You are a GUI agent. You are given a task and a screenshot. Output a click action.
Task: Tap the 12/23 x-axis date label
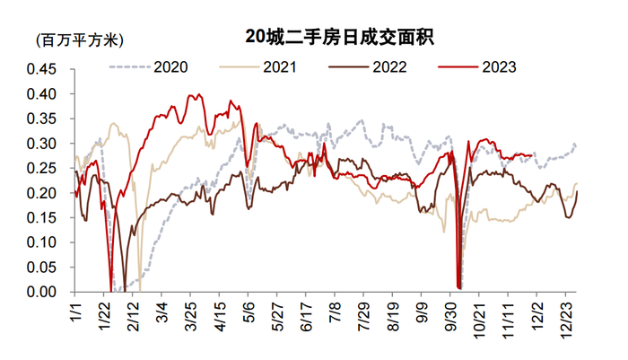[565, 318]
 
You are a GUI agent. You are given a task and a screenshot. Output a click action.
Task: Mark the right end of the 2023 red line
[535, 154]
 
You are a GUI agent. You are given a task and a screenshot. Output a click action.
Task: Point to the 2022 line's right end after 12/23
[577, 191]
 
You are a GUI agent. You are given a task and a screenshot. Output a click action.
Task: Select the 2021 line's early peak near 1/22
[113, 124]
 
